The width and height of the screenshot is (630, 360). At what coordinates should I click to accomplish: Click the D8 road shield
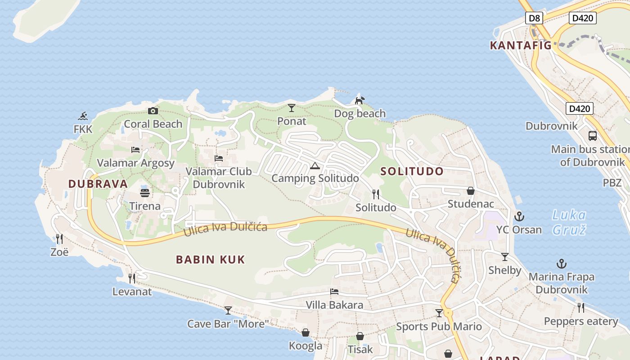(534, 18)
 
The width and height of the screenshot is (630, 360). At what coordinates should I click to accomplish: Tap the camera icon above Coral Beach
(153, 111)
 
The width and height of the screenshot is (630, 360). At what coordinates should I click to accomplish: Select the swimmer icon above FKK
(83, 117)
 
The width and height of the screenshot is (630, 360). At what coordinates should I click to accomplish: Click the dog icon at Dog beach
(360, 100)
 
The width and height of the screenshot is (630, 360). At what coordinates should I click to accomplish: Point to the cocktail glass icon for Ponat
(292, 108)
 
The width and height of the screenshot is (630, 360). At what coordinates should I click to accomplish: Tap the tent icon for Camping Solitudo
(315, 166)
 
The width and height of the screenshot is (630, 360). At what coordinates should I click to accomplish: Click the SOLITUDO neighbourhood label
(412, 171)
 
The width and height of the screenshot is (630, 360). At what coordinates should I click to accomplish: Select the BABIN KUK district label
(210, 259)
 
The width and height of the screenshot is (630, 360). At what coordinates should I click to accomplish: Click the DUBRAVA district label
(98, 184)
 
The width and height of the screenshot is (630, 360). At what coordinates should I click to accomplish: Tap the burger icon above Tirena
(145, 193)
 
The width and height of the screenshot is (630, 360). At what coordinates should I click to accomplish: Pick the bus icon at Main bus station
(593, 135)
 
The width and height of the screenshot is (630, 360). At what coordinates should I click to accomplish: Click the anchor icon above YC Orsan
(519, 216)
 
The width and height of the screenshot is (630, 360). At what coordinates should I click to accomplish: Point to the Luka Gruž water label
(569, 222)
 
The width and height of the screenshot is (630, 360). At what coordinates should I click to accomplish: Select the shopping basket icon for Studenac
(471, 191)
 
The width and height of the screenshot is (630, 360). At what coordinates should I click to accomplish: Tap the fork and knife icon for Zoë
(59, 238)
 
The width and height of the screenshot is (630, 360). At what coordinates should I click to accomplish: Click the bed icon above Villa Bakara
(334, 292)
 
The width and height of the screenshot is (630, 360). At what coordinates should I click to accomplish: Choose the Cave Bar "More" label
(228, 324)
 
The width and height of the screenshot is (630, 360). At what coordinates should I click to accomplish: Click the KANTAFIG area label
(520, 45)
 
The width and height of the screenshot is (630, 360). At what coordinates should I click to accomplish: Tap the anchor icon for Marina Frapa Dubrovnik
(562, 264)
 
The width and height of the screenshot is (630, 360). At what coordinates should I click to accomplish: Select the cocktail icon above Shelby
(505, 257)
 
